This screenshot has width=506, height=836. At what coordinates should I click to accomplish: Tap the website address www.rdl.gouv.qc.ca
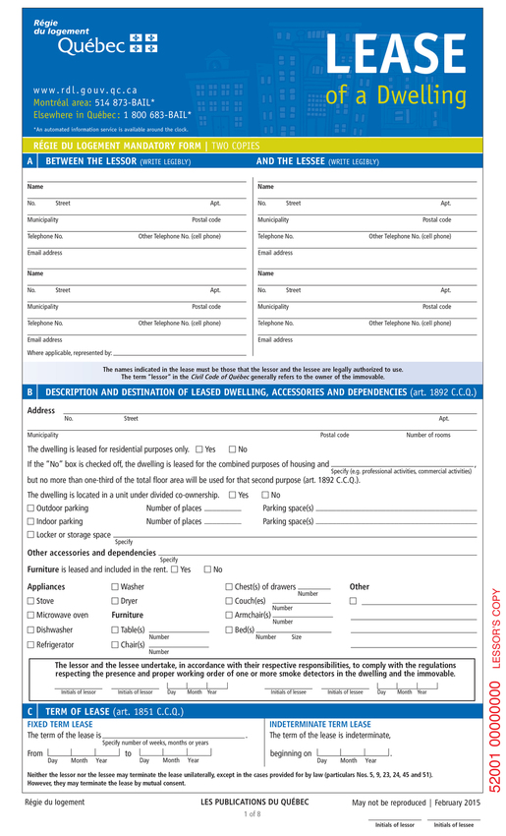[x=85, y=90]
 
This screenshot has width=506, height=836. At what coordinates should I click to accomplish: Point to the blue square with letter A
[x=31, y=160]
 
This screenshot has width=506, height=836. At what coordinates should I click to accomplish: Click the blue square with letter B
[x=31, y=391]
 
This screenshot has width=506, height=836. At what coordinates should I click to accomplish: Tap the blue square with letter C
[x=31, y=710]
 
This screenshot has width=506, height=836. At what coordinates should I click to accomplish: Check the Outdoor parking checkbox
[x=30, y=508]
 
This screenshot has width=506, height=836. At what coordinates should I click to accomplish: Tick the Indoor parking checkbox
[x=30, y=521]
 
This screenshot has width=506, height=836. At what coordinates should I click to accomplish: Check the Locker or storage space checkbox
[x=30, y=535]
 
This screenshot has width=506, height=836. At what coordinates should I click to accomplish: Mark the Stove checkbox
[x=30, y=600]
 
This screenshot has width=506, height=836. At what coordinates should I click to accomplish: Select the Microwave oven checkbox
[x=30, y=615]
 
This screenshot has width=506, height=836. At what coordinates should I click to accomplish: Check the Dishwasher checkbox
[x=30, y=629]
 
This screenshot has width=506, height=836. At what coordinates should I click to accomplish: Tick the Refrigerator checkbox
[x=30, y=644]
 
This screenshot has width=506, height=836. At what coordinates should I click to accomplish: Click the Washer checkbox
[x=114, y=586]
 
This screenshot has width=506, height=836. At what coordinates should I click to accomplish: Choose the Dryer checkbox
[x=114, y=600]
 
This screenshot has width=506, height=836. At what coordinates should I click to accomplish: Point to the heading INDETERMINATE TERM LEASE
[x=319, y=724]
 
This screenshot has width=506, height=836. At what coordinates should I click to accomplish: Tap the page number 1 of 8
[x=252, y=814]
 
